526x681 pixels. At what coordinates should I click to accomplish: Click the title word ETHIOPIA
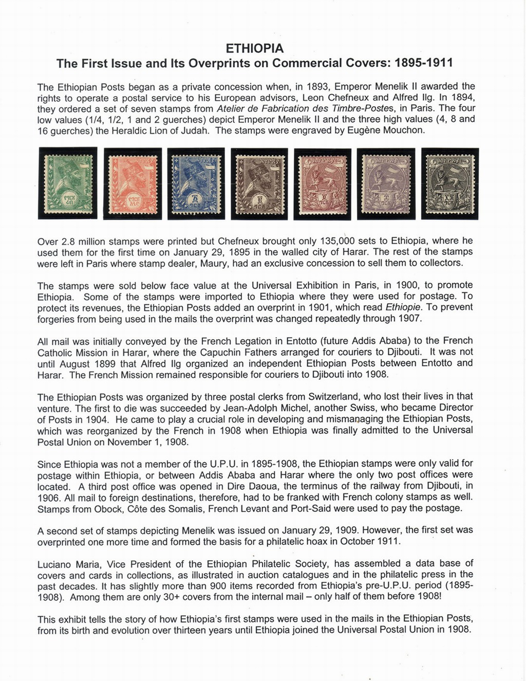pyautogui.click(x=255, y=48)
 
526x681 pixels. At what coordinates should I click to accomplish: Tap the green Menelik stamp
pyautogui.click(x=68, y=183)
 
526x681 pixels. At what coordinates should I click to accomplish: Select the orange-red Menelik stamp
pyautogui.click(x=133, y=183)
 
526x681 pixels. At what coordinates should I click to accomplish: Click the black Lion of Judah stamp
pyautogui.click(x=449, y=183)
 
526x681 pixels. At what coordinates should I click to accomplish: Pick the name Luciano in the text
pyautogui.click(x=55, y=564)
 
